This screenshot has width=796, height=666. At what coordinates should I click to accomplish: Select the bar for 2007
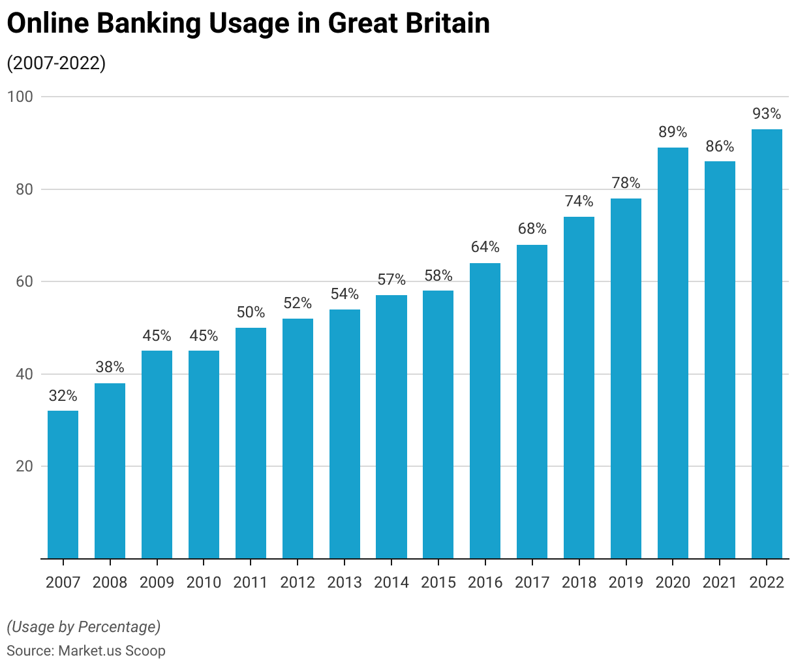click(x=63, y=484)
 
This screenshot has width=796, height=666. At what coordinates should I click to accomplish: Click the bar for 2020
click(x=673, y=353)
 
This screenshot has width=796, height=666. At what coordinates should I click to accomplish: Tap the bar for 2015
click(x=438, y=424)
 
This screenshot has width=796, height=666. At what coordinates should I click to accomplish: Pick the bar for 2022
click(x=767, y=343)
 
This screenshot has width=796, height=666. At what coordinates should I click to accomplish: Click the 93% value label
click(x=767, y=114)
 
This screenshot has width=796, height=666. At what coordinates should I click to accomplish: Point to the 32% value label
click(x=63, y=396)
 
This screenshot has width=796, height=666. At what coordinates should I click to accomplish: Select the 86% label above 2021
click(x=720, y=146)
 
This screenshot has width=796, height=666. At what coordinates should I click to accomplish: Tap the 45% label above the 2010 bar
click(x=204, y=336)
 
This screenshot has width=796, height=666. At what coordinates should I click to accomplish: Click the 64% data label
click(x=485, y=247)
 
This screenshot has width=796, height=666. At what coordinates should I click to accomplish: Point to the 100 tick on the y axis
click(x=20, y=97)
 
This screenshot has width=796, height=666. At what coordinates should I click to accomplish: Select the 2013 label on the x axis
click(x=344, y=582)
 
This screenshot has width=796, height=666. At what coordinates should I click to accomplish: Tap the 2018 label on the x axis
click(x=579, y=582)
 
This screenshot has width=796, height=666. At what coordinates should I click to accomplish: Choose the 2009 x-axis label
click(x=157, y=582)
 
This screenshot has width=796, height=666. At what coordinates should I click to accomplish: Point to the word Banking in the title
click(x=149, y=24)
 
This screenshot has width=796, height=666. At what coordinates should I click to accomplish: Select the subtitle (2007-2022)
click(x=56, y=64)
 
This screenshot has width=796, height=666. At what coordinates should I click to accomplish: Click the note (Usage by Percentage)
click(x=84, y=627)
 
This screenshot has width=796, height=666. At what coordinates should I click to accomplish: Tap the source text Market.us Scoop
click(x=112, y=651)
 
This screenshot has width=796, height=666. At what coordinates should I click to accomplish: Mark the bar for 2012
click(x=298, y=438)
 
